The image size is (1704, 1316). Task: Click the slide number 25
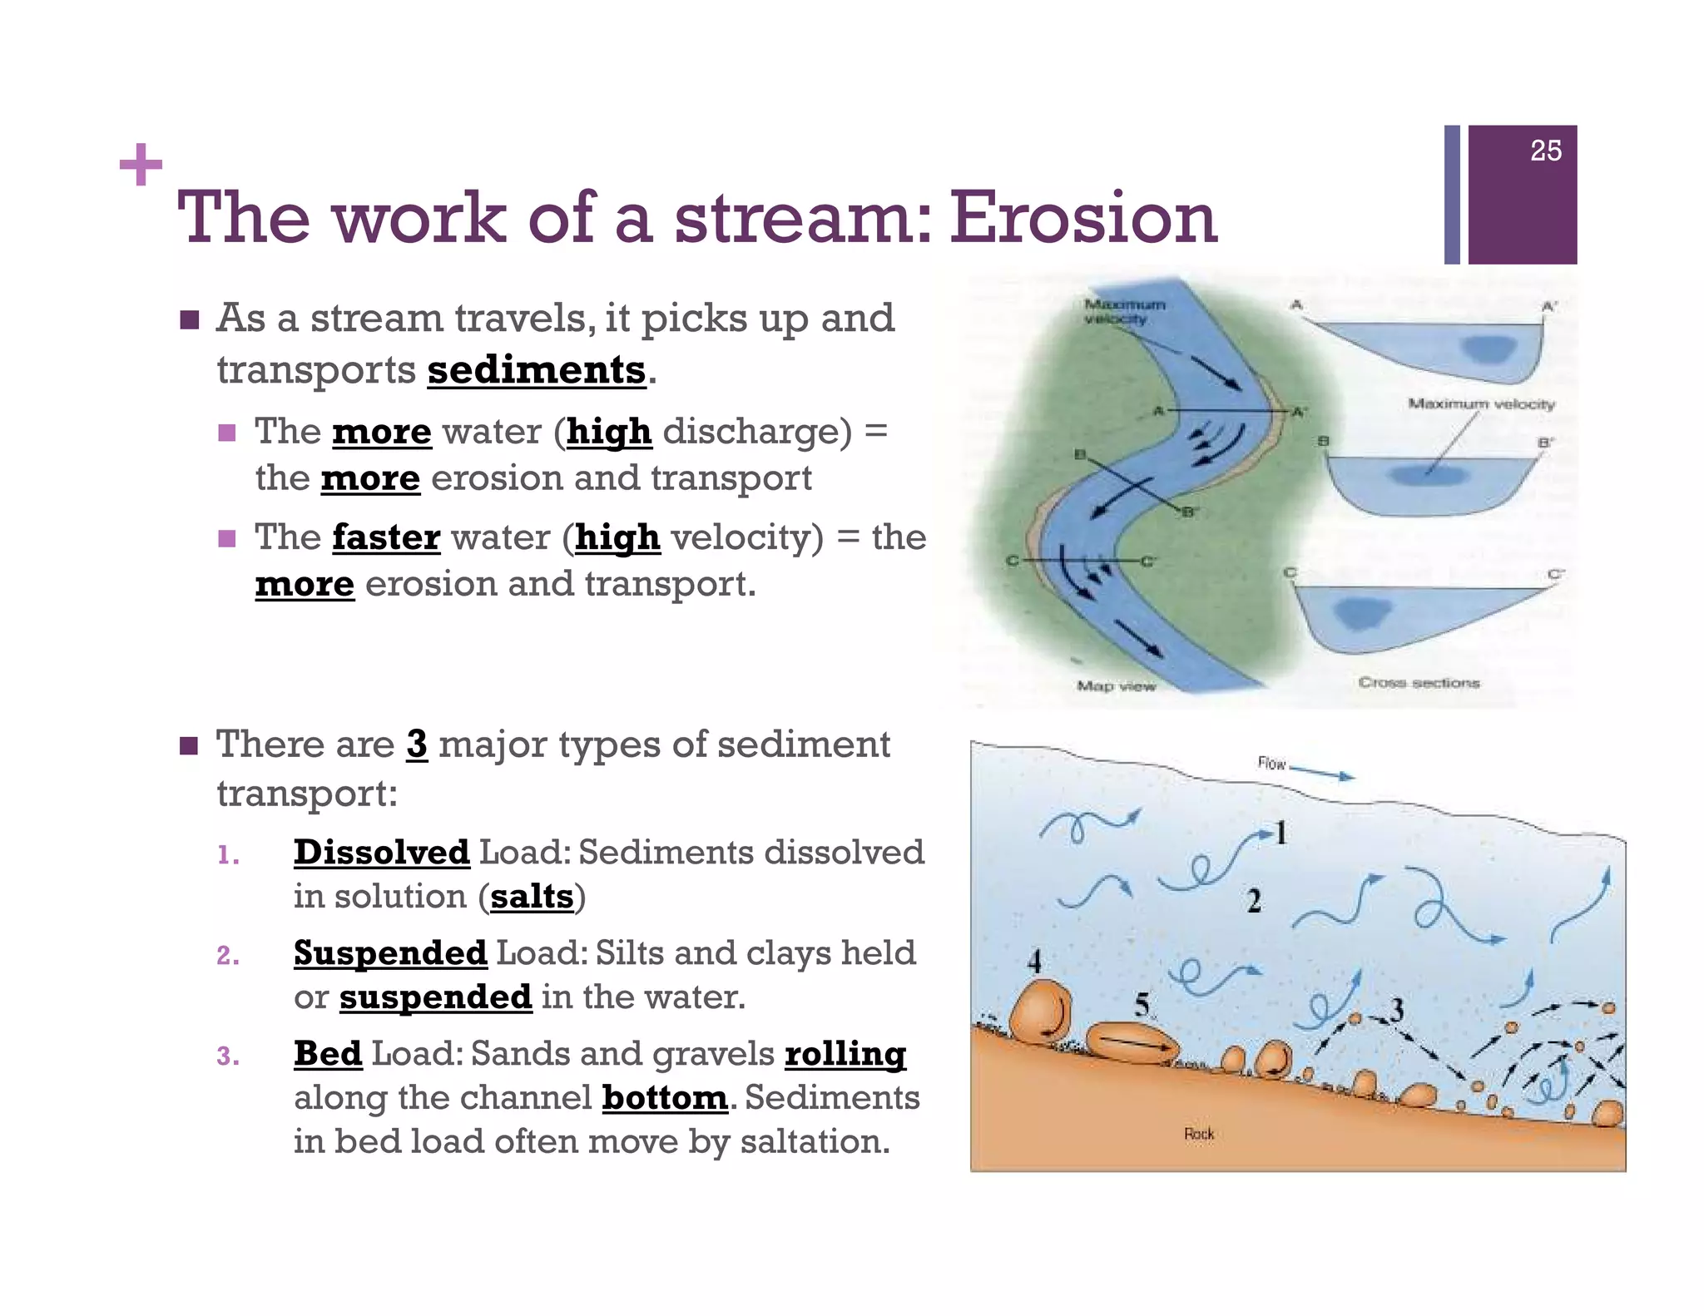(1545, 151)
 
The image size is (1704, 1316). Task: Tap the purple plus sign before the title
(141, 165)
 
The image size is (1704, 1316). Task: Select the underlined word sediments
(537, 370)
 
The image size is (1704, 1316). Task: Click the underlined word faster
(386, 538)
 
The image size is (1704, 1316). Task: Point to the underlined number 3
(417, 745)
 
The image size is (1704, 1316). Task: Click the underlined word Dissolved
(381, 853)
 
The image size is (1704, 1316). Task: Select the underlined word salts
(532, 897)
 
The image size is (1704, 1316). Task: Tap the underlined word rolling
(845, 1054)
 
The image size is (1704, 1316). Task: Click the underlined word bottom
(665, 1098)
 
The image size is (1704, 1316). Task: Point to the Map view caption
(1116, 686)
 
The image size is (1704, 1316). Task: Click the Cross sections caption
(1419, 683)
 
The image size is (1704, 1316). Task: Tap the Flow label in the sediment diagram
(1271, 764)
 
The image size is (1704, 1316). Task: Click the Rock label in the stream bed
(1199, 1134)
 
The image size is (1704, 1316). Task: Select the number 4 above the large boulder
(1034, 962)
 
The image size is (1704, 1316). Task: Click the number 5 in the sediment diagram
(1142, 1005)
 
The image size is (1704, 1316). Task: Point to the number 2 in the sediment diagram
(1254, 901)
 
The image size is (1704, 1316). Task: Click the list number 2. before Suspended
(228, 956)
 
